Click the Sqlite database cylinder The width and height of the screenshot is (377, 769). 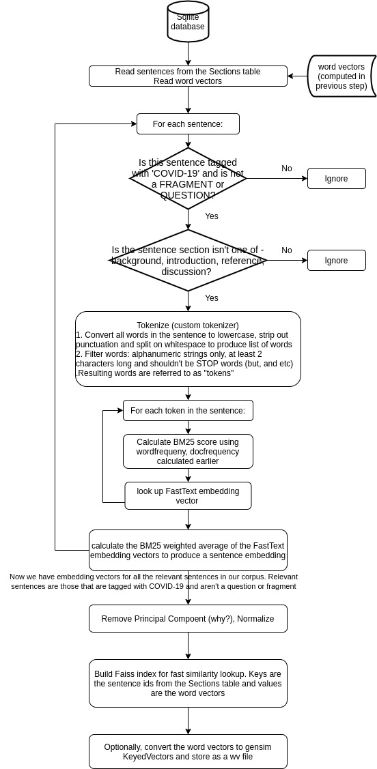188,22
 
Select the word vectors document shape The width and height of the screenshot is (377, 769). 341,76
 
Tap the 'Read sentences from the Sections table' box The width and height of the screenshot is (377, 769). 188,76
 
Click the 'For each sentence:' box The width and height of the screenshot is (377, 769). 188,124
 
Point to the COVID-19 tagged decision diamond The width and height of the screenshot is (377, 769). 188,179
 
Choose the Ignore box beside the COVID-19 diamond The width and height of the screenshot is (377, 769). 337,179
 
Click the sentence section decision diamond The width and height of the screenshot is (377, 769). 188,261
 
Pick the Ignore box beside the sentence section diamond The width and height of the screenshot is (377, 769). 337,261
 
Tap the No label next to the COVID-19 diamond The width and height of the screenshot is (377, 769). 287,169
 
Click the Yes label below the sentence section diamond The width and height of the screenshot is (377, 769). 212,298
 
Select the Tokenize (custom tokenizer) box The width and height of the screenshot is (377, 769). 188,349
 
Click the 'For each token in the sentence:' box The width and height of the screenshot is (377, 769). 188,411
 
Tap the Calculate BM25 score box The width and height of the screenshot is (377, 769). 188,451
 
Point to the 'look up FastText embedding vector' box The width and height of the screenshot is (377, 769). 188,496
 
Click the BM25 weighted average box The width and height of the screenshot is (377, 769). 188,550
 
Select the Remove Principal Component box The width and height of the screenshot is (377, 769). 188,618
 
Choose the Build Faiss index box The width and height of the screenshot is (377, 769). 188,683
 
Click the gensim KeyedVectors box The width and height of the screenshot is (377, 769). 188,751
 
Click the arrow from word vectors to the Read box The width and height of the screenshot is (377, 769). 298,76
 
